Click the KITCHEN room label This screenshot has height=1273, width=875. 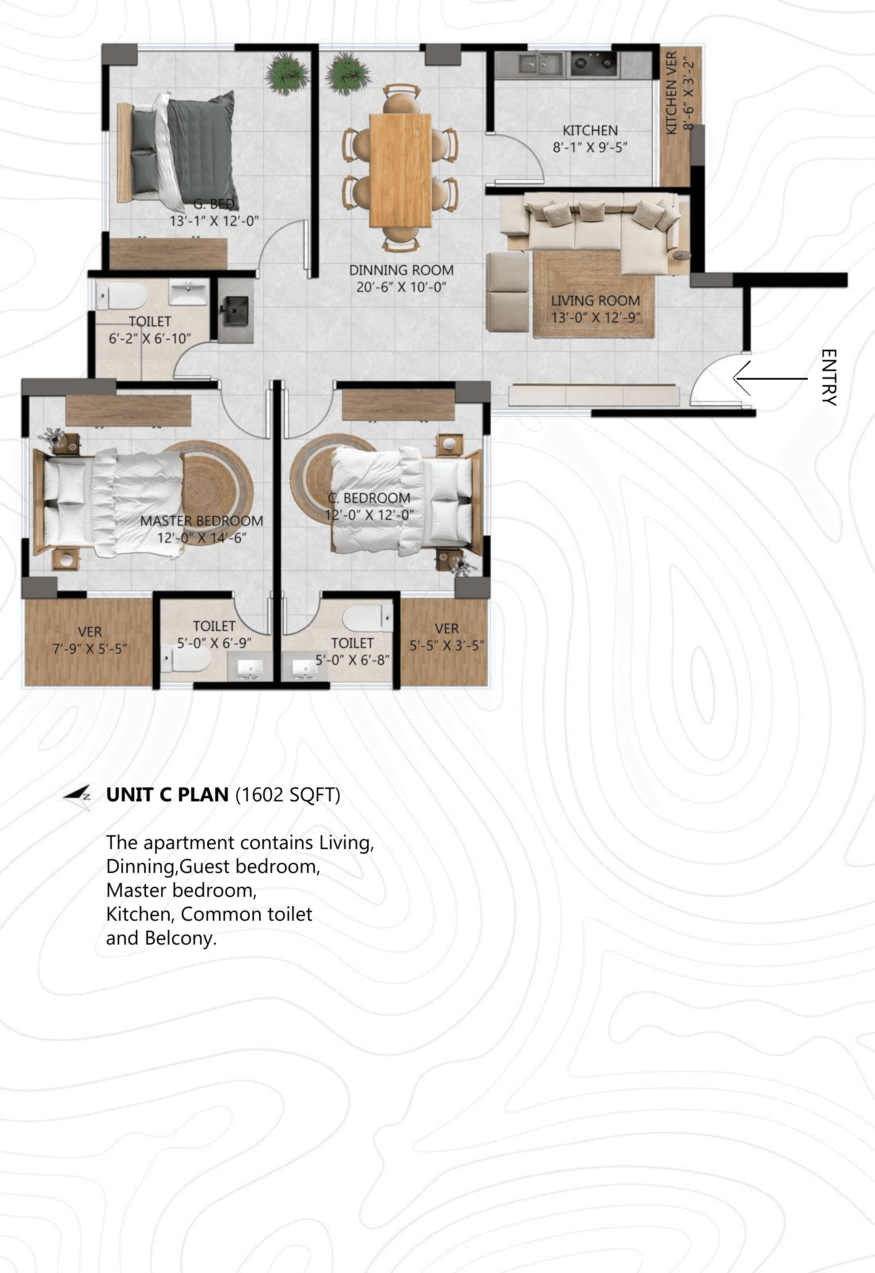click(x=590, y=130)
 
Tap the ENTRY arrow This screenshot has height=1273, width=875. click(x=770, y=378)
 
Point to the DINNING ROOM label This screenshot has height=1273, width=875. click(x=401, y=270)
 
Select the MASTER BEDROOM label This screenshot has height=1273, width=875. click(x=202, y=521)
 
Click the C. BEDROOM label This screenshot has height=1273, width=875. click(x=369, y=498)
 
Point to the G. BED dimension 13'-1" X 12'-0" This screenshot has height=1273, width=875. click(x=214, y=221)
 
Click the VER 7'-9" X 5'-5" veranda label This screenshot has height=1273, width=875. click(x=90, y=640)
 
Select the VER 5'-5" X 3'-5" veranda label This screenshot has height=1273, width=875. click(x=447, y=637)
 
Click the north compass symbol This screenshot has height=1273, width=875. click(x=77, y=794)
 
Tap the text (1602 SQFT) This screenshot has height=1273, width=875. click(x=288, y=794)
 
